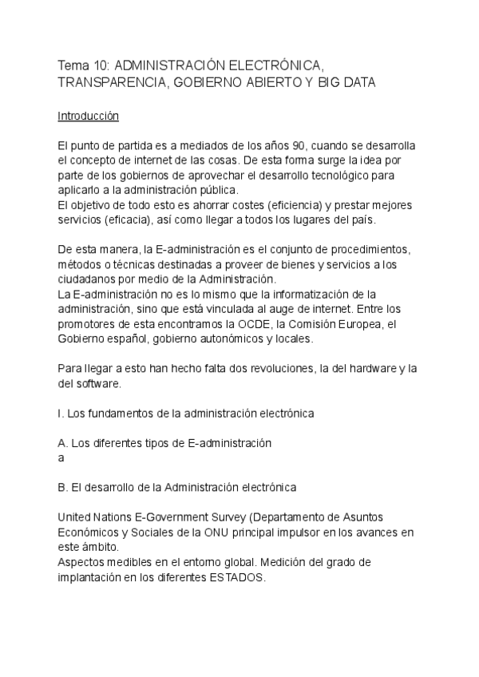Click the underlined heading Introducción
click(88, 116)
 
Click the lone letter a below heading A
click(61, 458)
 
